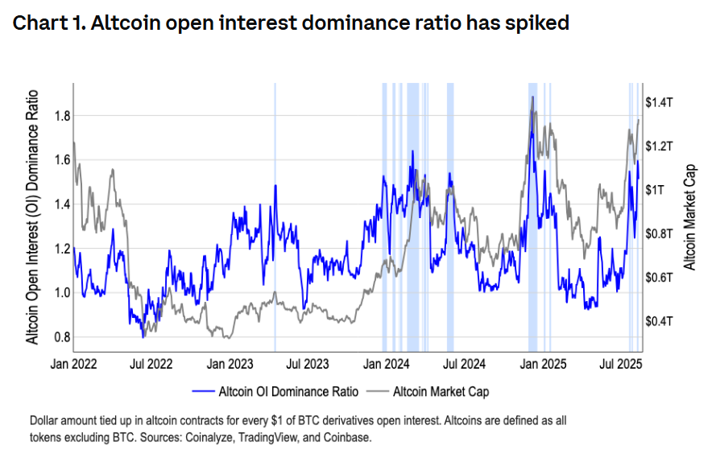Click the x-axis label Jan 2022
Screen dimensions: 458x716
click(x=74, y=364)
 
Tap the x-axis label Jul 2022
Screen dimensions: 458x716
click(x=151, y=364)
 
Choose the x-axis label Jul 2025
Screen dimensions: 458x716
click(x=619, y=364)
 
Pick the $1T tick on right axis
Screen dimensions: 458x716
click(x=656, y=190)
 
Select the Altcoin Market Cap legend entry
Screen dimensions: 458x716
click(x=441, y=392)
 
